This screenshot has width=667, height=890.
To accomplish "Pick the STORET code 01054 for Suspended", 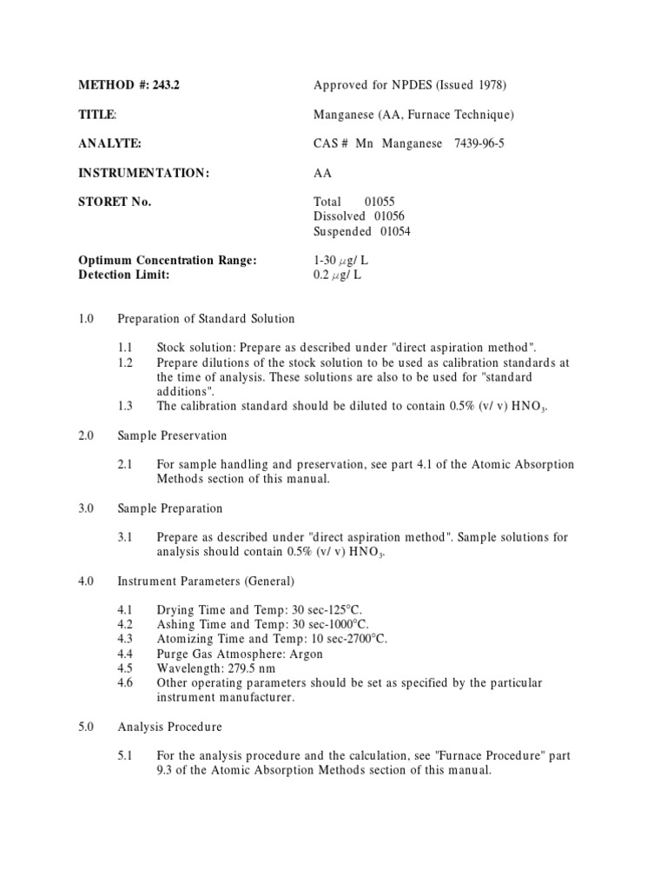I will (395, 231).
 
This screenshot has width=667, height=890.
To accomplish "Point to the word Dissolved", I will (341, 216).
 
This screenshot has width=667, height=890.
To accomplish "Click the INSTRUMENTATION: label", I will (144, 173).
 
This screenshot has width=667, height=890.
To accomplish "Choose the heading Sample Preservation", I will (172, 435).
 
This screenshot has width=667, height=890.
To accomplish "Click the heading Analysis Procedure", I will (169, 726).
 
